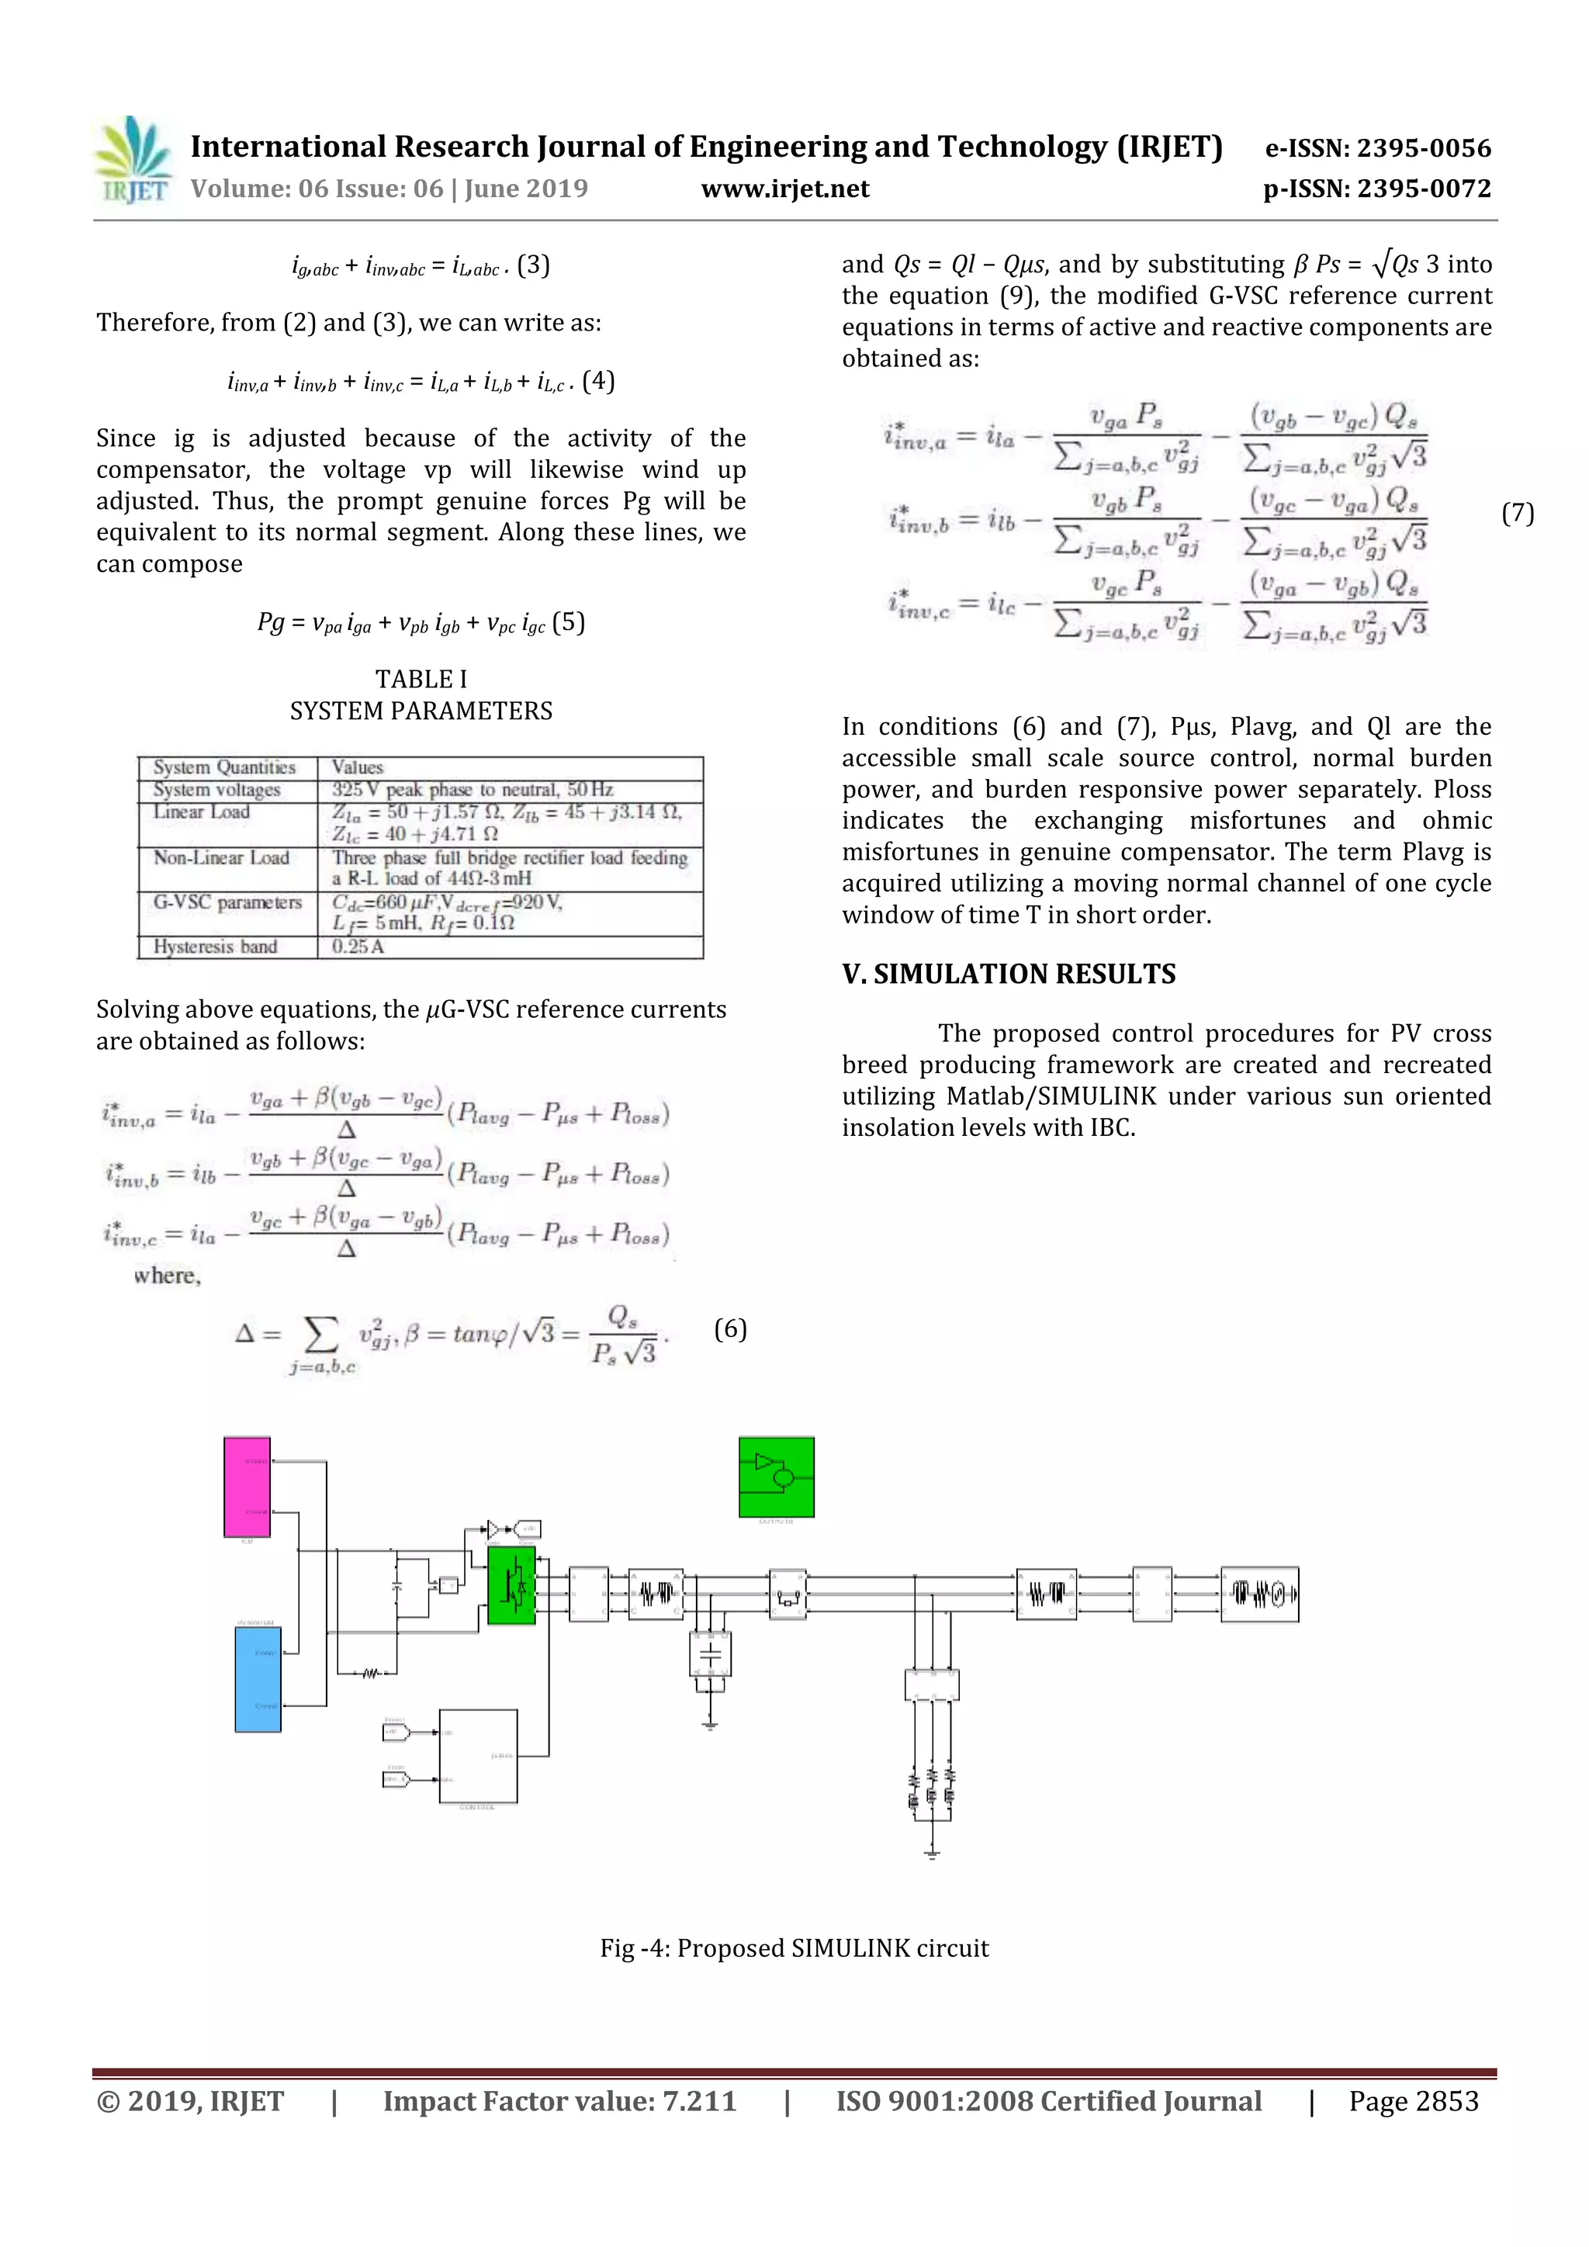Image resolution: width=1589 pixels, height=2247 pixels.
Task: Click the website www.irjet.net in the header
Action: (x=784, y=189)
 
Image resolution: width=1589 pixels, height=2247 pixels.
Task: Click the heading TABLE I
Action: (x=421, y=679)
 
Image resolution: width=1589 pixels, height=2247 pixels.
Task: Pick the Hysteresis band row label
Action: (x=215, y=947)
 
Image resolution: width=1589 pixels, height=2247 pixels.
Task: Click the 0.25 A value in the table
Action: (x=358, y=947)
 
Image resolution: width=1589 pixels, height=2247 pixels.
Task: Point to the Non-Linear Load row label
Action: (x=221, y=857)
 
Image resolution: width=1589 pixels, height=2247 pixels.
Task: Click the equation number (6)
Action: (x=730, y=1328)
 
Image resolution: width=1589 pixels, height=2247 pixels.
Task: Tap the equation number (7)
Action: (x=1518, y=513)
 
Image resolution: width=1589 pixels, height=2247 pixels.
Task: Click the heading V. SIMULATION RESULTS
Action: (x=1009, y=974)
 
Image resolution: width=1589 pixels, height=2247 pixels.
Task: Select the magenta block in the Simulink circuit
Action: (x=247, y=1487)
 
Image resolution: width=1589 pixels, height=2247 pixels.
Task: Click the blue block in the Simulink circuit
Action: (x=258, y=1679)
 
